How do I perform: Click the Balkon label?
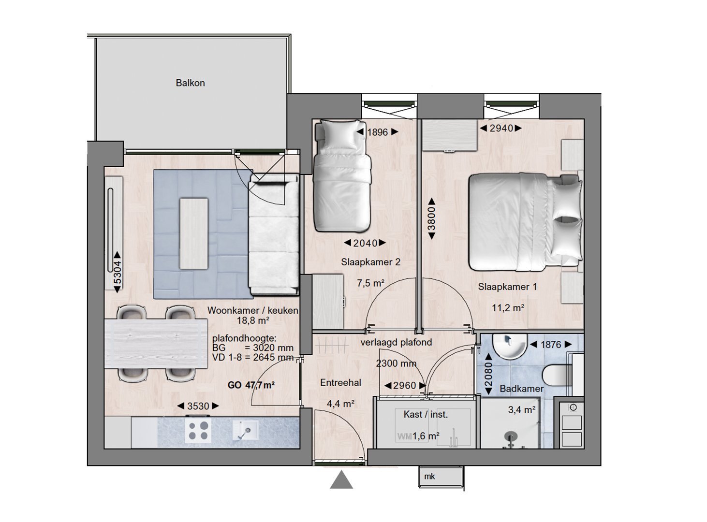[191, 83]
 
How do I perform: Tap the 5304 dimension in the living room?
[118, 272]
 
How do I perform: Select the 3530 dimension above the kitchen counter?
[198, 406]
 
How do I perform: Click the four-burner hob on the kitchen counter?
[198, 431]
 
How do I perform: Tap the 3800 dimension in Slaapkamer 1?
[431, 218]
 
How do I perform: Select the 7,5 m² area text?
[371, 283]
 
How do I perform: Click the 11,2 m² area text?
[508, 308]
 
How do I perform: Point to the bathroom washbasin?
[509, 346]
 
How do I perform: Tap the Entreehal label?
[341, 382]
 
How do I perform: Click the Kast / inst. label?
[426, 414]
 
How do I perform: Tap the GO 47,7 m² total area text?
[251, 385]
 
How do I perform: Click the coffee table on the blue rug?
[194, 233]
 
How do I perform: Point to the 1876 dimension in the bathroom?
[550, 345]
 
